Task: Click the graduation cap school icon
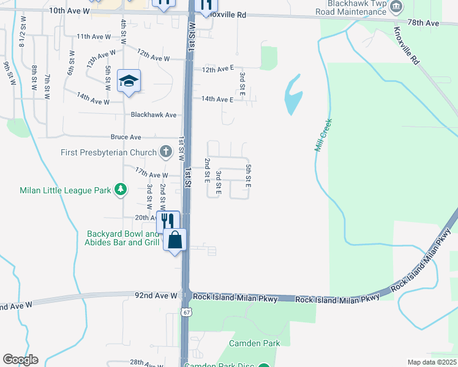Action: pyautogui.click(x=129, y=81)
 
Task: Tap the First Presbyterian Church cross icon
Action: pyautogui.click(x=165, y=151)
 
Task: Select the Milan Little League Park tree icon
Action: pyautogui.click(x=121, y=190)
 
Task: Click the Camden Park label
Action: pyautogui.click(x=255, y=343)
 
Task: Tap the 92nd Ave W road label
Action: pyautogui.click(x=156, y=295)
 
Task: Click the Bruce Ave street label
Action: pyautogui.click(x=126, y=137)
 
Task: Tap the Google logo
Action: pyautogui.click(x=20, y=360)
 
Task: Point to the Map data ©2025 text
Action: pyautogui.click(x=431, y=362)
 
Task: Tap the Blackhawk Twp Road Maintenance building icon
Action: pyautogui.click(x=397, y=7)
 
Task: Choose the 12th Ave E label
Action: pyautogui.click(x=218, y=70)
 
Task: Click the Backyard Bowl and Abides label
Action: pyautogui.click(x=123, y=238)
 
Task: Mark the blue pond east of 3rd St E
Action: pyautogui.click(x=293, y=95)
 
